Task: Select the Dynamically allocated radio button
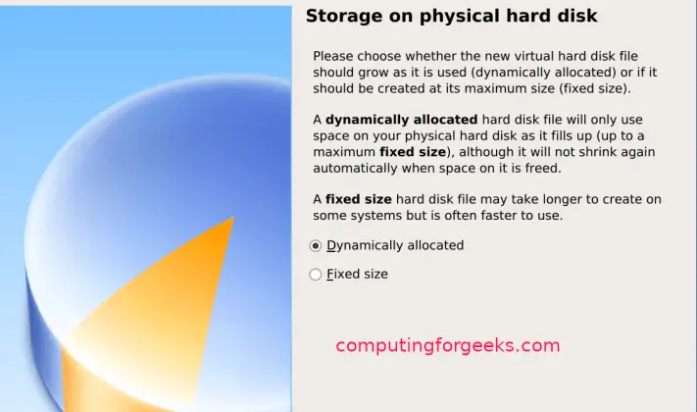pyautogui.click(x=316, y=245)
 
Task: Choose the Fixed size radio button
pyautogui.click(x=316, y=275)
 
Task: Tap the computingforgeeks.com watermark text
pyautogui.click(x=447, y=345)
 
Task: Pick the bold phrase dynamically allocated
pyautogui.click(x=402, y=120)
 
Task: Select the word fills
pyautogui.click(x=570, y=136)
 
